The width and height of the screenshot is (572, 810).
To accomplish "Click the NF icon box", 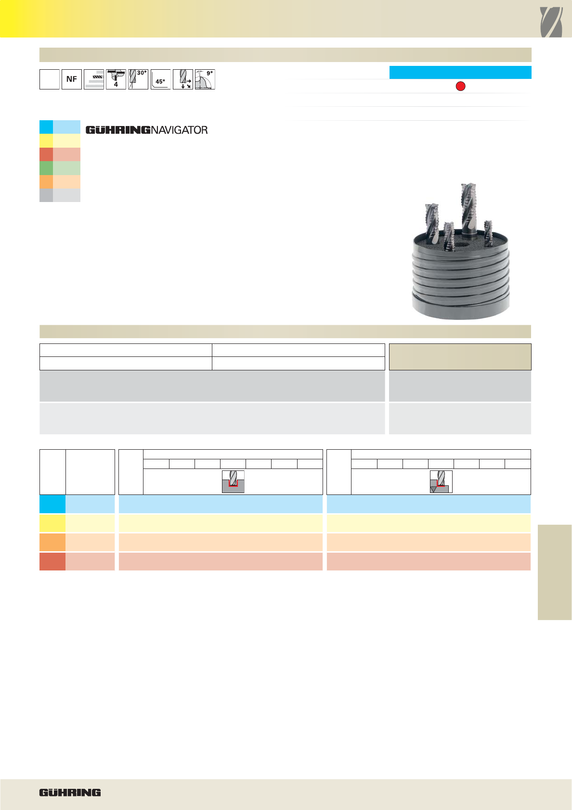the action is (72, 79).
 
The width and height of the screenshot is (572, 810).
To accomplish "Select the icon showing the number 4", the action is (116, 79).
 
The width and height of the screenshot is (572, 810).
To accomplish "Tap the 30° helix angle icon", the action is (138, 79).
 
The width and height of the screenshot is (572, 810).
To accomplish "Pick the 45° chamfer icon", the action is (160, 79).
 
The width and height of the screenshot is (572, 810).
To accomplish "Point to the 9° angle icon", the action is (205, 79).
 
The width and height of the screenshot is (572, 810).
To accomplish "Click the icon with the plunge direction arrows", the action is (183, 79).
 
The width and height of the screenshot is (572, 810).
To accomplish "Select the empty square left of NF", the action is (50, 79).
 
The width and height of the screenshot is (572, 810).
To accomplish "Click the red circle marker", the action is (460, 87).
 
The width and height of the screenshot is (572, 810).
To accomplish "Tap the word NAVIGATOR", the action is (179, 130).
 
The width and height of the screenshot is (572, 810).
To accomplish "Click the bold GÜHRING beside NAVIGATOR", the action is (118, 130).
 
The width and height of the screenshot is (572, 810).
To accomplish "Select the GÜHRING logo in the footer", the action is (70, 793).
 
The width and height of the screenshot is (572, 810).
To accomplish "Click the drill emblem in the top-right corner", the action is (551, 23).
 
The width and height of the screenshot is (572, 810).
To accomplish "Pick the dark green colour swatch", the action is (46, 168).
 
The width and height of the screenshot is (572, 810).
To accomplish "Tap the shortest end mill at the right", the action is (488, 233).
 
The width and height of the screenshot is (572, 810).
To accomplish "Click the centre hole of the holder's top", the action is (460, 245).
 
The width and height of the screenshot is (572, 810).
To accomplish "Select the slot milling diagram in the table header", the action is (233, 481).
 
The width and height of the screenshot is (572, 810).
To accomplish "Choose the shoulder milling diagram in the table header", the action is (441, 481).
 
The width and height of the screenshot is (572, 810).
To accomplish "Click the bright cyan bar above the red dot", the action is (460, 72).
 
